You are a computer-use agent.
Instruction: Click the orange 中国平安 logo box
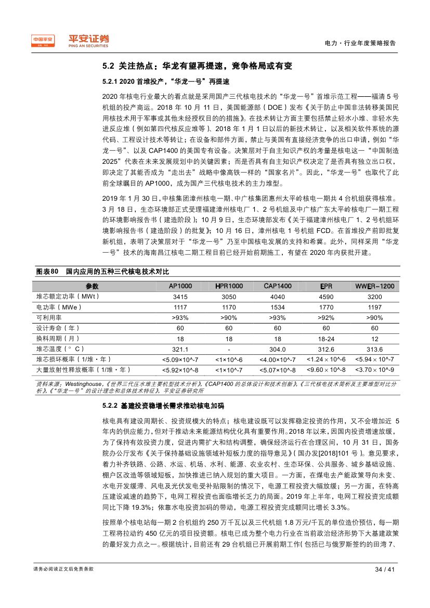coord(44,41)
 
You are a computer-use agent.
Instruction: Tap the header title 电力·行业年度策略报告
coord(360,43)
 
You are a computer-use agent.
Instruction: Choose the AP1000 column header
coord(180,286)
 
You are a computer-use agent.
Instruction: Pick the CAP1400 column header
coord(277,286)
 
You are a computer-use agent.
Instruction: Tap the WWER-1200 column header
coord(374,286)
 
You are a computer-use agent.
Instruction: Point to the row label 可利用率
coord(49,317)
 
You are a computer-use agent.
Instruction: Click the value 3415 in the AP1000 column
coord(180,296)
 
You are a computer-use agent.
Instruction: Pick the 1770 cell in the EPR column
coord(326,307)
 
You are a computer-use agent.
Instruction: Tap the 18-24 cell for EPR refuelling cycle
coord(326,338)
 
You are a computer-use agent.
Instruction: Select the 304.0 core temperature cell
coord(277,349)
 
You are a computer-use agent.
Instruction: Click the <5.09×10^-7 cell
coord(180,359)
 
